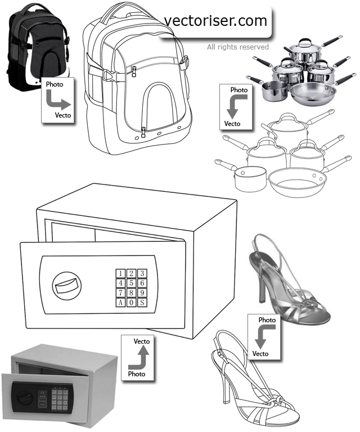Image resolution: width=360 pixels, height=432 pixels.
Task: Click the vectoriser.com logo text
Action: pyautogui.click(x=215, y=21)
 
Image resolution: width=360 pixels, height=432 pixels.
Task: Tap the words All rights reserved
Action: pyautogui.click(x=237, y=47)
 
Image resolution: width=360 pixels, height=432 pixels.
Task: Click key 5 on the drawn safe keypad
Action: pyautogui.click(x=132, y=283)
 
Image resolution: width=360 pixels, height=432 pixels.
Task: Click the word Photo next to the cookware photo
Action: pyautogui.click(x=239, y=90)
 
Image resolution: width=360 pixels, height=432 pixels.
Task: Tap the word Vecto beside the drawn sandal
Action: pyautogui.click(x=260, y=354)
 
